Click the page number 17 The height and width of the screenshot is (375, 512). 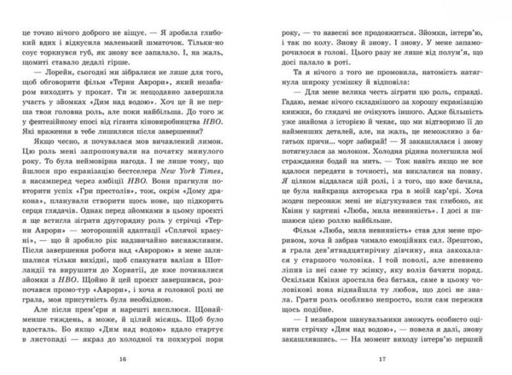(382, 359)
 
